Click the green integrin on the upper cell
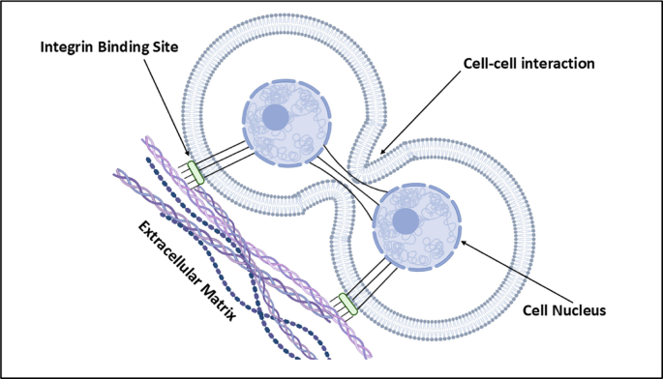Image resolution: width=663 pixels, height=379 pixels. (196, 172)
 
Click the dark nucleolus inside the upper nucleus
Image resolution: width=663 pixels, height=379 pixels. (276, 119)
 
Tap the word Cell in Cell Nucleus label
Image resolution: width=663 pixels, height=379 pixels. (532, 310)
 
